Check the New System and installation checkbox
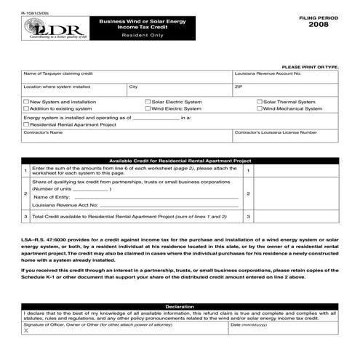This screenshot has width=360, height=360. click(x=27, y=102)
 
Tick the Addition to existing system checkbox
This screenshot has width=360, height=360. click(x=27, y=108)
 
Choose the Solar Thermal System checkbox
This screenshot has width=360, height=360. click(x=260, y=102)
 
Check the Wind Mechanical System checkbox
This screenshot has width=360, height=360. click(x=260, y=108)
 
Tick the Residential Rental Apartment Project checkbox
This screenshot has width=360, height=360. click(x=27, y=124)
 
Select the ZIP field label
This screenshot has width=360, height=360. click(x=238, y=87)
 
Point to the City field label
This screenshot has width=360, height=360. click(x=133, y=87)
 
